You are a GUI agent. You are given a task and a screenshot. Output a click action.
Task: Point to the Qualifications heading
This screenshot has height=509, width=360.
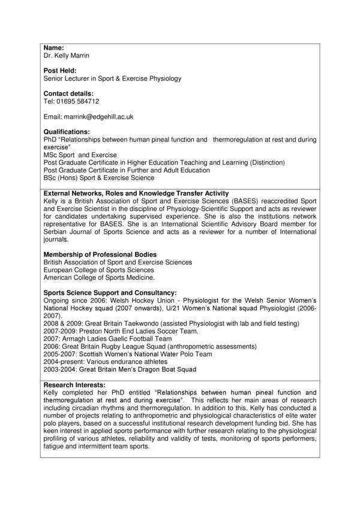coord(67,132)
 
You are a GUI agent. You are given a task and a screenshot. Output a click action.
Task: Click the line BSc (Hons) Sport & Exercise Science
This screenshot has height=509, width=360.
coord(99,178)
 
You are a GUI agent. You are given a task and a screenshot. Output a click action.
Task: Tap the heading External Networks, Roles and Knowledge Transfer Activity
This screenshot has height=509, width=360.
coord(136,193)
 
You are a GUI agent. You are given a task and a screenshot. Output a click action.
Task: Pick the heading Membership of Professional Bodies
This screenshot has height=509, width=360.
coord(99,254)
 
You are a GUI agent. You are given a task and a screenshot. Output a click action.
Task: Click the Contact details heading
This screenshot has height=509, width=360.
coord(68,94)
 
